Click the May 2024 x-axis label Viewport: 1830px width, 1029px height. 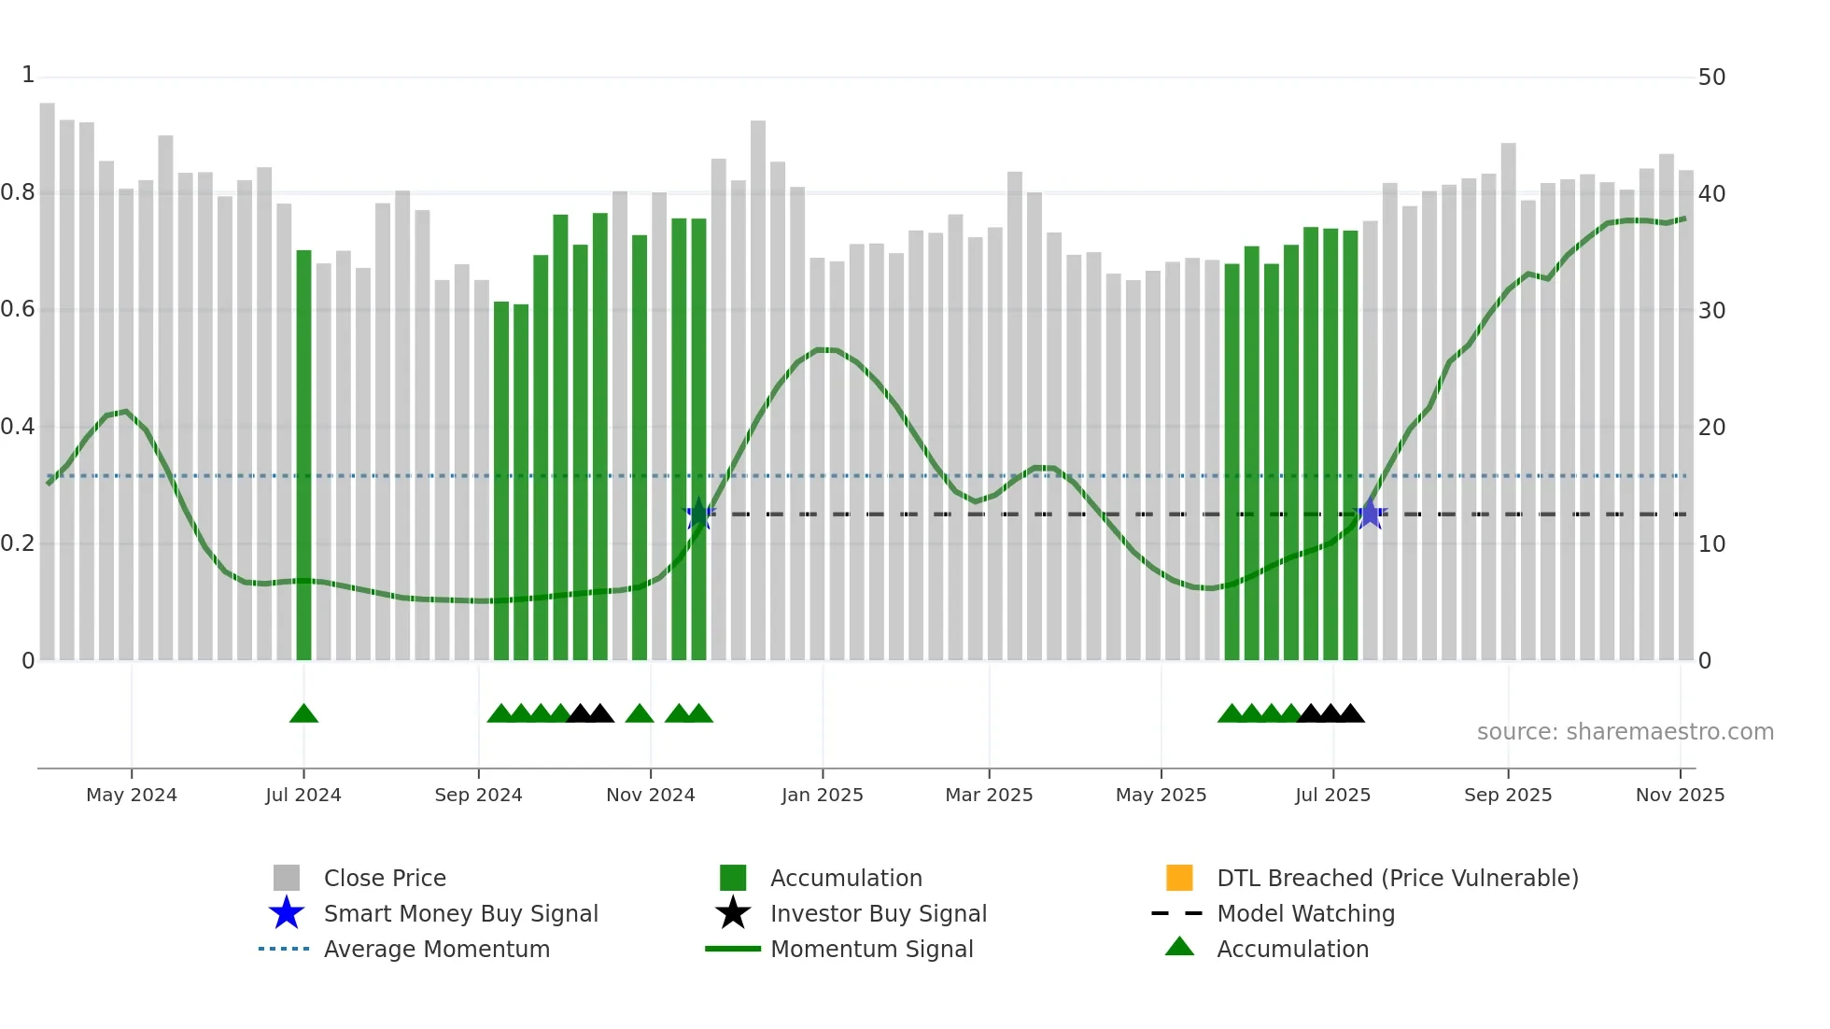(131, 795)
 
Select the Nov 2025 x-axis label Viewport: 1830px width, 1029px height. (1679, 795)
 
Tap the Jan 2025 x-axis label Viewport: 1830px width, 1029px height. (822, 795)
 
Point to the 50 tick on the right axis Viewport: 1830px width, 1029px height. (1711, 78)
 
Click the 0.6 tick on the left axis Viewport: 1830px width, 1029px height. (18, 309)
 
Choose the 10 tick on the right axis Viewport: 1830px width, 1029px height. (1711, 544)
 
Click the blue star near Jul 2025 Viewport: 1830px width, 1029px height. (1370, 514)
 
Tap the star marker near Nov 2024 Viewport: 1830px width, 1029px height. (699, 514)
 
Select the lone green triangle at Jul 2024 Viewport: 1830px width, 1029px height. (303, 714)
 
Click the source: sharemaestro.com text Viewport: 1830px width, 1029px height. (1625, 732)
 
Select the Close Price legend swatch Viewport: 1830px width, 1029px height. (287, 878)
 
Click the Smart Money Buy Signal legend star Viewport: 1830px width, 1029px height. (287, 913)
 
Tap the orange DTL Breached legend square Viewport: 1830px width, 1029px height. (1179, 878)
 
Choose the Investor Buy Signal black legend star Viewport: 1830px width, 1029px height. (733, 913)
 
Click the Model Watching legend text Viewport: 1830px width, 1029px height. (1305, 913)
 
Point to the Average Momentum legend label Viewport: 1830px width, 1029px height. (436, 949)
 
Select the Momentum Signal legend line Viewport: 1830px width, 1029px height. (733, 949)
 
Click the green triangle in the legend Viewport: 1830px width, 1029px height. (1179, 947)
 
